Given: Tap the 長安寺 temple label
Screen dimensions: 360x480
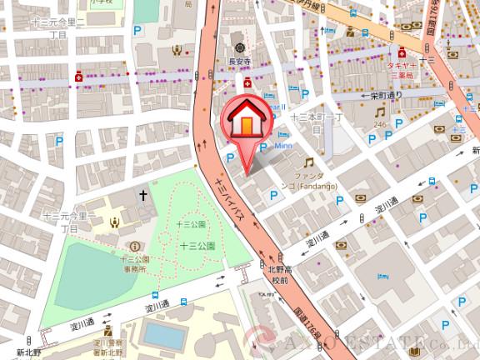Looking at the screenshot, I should [x=239, y=59].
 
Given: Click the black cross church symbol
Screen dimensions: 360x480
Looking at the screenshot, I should [x=142, y=195].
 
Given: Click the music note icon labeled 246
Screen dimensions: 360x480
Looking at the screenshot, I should [x=379, y=112].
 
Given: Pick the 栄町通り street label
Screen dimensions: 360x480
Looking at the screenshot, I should [x=385, y=95].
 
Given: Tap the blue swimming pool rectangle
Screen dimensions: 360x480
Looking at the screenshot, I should [x=163, y=334].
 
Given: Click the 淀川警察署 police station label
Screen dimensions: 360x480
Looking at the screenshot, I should [x=107, y=347].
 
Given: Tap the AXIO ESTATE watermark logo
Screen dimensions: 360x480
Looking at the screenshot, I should [x=367, y=342].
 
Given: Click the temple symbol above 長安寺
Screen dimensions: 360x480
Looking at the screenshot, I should [x=239, y=45].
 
